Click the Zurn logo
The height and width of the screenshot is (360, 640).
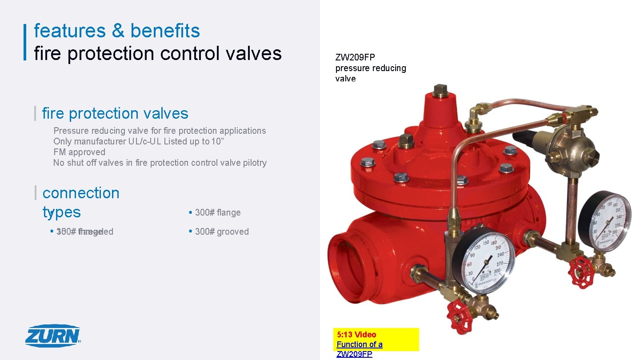[53, 336]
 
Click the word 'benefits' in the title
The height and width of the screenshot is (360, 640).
[165, 31]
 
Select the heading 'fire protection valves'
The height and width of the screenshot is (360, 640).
[115, 113]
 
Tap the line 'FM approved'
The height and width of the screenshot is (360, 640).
[79, 152]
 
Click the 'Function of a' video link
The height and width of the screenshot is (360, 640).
[359, 344]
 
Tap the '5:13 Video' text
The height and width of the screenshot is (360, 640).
[356, 335]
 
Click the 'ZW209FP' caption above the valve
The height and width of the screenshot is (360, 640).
[355, 57]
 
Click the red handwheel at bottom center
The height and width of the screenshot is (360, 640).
[459, 314]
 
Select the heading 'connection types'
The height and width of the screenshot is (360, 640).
[81, 202]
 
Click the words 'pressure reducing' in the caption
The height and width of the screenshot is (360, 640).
[371, 68]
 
